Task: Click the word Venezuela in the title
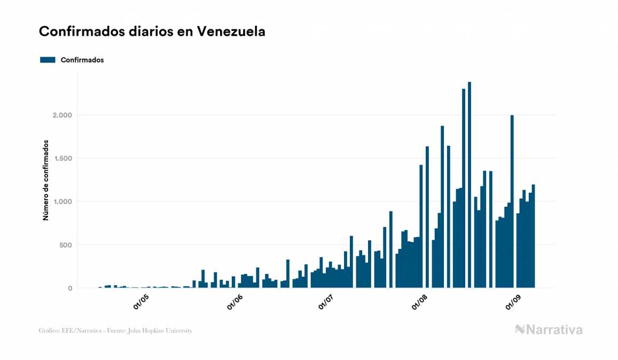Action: (231, 32)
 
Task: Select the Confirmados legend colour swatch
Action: (48, 60)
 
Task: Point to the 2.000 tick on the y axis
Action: (62, 115)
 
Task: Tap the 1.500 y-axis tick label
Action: (62, 159)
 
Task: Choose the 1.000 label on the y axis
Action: (62, 202)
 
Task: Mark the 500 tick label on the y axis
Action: (65, 245)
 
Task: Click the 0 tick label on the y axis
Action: (69, 288)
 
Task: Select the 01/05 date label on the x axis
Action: (142, 302)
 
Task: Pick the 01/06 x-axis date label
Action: (234, 302)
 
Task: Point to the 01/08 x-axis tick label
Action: (420, 302)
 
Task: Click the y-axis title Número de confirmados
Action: (46, 181)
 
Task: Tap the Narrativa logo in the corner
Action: (549, 330)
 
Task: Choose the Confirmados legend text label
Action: (82, 60)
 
